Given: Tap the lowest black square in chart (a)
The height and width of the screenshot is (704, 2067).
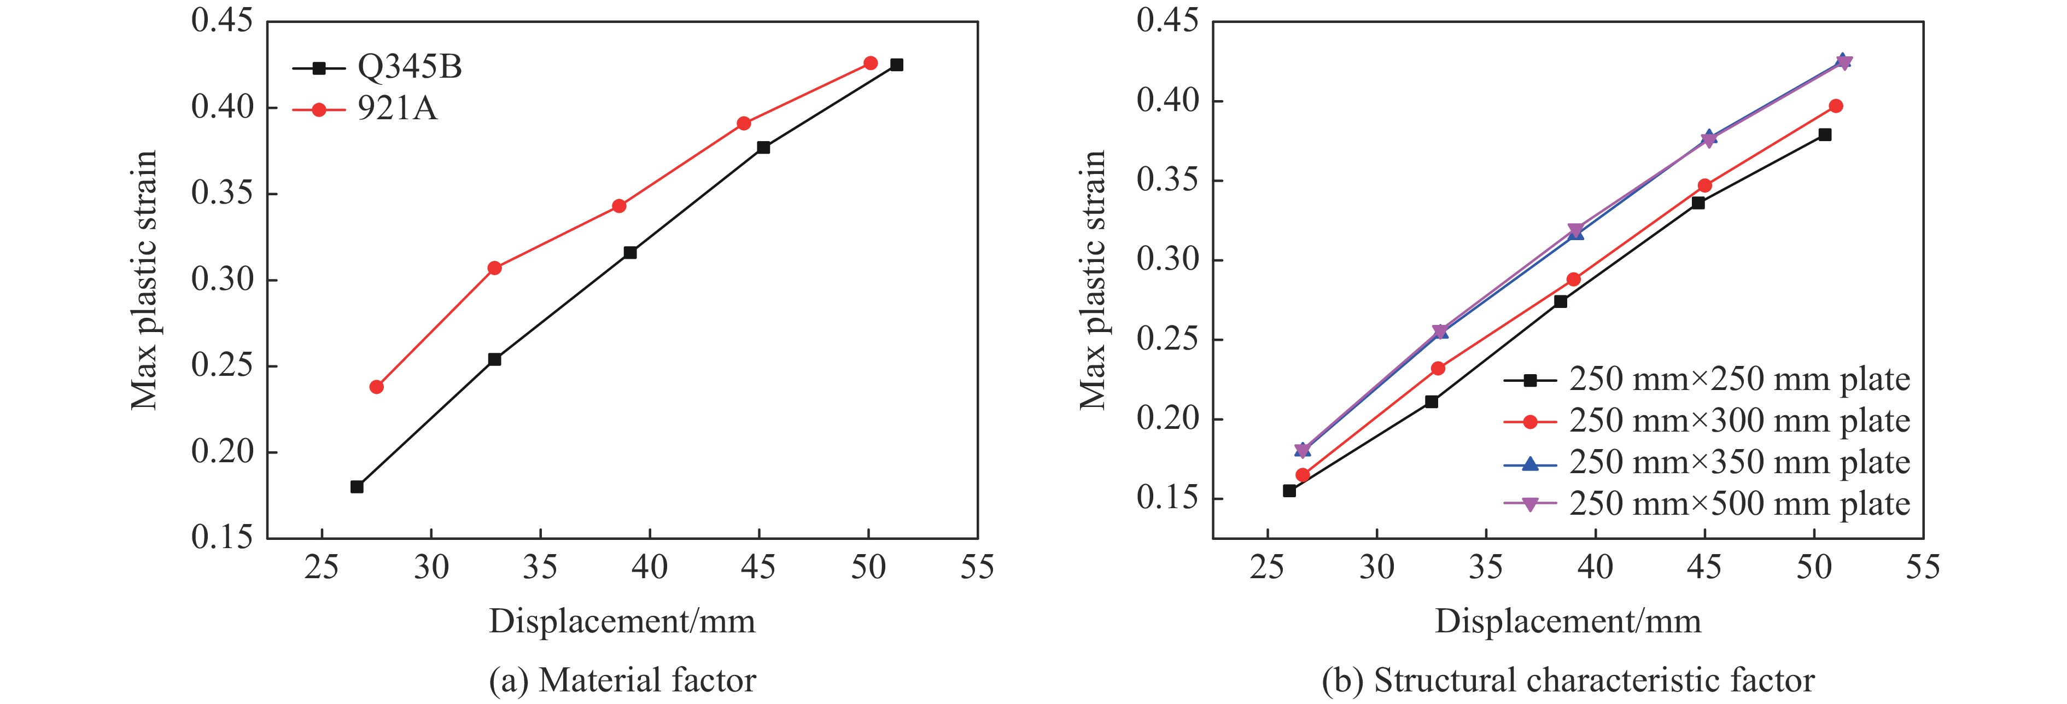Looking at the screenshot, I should (357, 486).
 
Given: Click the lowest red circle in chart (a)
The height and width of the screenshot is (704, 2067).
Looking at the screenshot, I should (376, 387).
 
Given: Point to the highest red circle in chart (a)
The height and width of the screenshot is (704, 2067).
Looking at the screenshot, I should (871, 62).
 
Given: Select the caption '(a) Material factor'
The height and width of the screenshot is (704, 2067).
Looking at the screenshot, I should (623, 680).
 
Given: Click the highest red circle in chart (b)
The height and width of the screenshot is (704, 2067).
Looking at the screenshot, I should (1836, 106).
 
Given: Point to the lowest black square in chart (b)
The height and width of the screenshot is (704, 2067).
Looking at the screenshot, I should (1289, 491).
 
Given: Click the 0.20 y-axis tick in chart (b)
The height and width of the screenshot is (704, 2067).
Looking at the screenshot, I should (1165, 419).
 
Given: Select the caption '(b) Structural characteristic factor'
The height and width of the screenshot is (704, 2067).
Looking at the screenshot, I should (1568, 680).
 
